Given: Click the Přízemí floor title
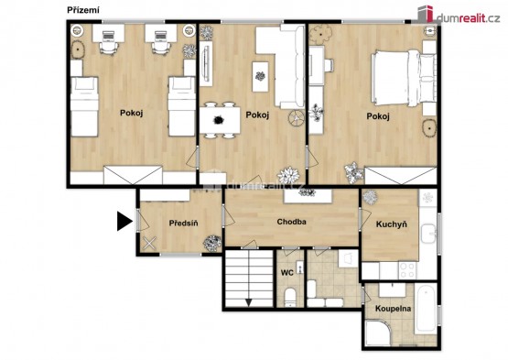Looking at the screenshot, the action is click(x=83, y=10).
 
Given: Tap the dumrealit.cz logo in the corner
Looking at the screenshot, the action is click(x=459, y=15).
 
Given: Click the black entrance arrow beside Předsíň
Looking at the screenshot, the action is click(x=124, y=221).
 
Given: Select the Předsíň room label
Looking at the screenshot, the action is click(x=183, y=224).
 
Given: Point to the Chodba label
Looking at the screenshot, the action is click(x=292, y=222).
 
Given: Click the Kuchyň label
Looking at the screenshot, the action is click(x=392, y=224).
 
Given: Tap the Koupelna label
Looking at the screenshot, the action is click(x=393, y=309).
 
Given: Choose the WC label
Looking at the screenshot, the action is click(x=287, y=273).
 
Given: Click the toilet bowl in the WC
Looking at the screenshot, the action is click(x=290, y=297).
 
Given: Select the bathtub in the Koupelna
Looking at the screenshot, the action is click(x=426, y=309).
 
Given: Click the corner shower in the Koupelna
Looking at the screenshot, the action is click(x=378, y=333).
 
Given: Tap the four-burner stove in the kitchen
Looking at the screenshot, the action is click(x=407, y=270).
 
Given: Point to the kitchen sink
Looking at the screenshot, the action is click(x=428, y=234).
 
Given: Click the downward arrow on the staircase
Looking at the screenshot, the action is click(x=248, y=302).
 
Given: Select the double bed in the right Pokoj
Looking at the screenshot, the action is click(x=405, y=78).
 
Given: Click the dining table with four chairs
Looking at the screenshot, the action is click(x=220, y=120).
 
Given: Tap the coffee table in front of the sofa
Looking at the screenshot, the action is click(x=260, y=77).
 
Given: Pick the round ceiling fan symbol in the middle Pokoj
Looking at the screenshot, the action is click(x=297, y=118).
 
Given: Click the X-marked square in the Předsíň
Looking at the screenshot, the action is click(x=149, y=244).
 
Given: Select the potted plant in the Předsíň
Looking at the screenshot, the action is click(x=212, y=243).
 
